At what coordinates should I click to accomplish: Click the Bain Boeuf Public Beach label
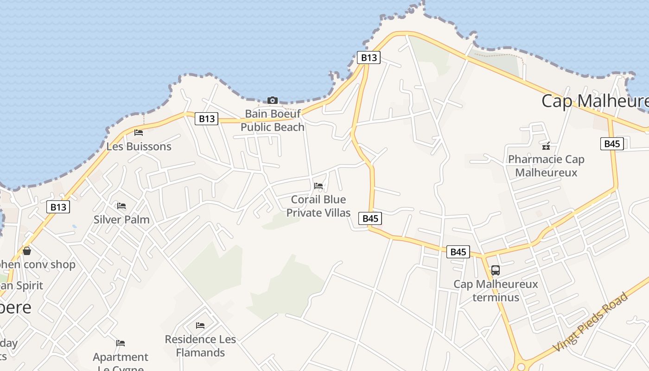[273, 120]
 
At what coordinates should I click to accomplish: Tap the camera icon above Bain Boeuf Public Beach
[273, 100]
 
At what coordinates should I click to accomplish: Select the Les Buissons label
[139, 147]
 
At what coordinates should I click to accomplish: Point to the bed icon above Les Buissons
[138, 133]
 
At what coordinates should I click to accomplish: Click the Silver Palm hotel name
[121, 219]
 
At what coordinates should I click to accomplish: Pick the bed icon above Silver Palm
[121, 205]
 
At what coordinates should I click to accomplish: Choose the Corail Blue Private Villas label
[318, 206]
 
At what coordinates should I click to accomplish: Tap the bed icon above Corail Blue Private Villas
[318, 186]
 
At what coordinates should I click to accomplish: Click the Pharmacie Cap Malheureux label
[546, 166]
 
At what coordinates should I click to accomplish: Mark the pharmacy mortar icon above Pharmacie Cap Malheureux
[546, 146]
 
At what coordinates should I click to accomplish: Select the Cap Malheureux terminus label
[496, 290]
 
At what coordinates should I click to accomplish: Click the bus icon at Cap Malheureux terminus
[495, 270]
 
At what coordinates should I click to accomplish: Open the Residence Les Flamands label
[200, 346]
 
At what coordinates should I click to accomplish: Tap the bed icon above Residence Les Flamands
[200, 326]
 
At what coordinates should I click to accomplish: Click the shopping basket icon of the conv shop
[27, 251]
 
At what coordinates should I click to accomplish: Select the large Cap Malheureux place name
[595, 101]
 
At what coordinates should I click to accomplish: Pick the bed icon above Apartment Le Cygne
[121, 343]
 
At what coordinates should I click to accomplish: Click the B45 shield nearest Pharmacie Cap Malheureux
[612, 144]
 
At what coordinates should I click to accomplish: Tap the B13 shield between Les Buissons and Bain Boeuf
[207, 119]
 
